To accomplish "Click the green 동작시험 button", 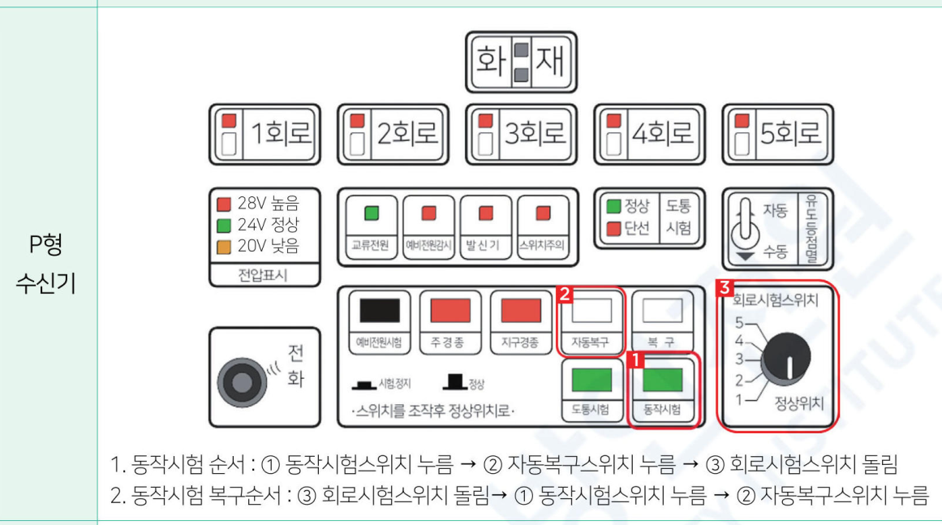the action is pyautogui.click(x=662, y=380).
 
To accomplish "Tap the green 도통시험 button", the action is pyautogui.click(x=591, y=380).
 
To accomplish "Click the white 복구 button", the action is pyautogui.click(x=662, y=309).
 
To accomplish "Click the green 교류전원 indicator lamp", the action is pyautogui.click(x=372, y=213).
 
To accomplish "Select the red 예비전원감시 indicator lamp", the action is pyautogui.click(x=428, y=213).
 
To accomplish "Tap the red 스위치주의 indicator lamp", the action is pyautogui.click(x=542, y=213).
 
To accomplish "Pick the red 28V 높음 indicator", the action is pyautogui.click(x=223, y=201).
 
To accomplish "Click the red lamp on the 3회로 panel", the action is pyautogui.click(x=485, y=120).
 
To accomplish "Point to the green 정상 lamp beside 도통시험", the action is pyautogui.click(x=614, y=205).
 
